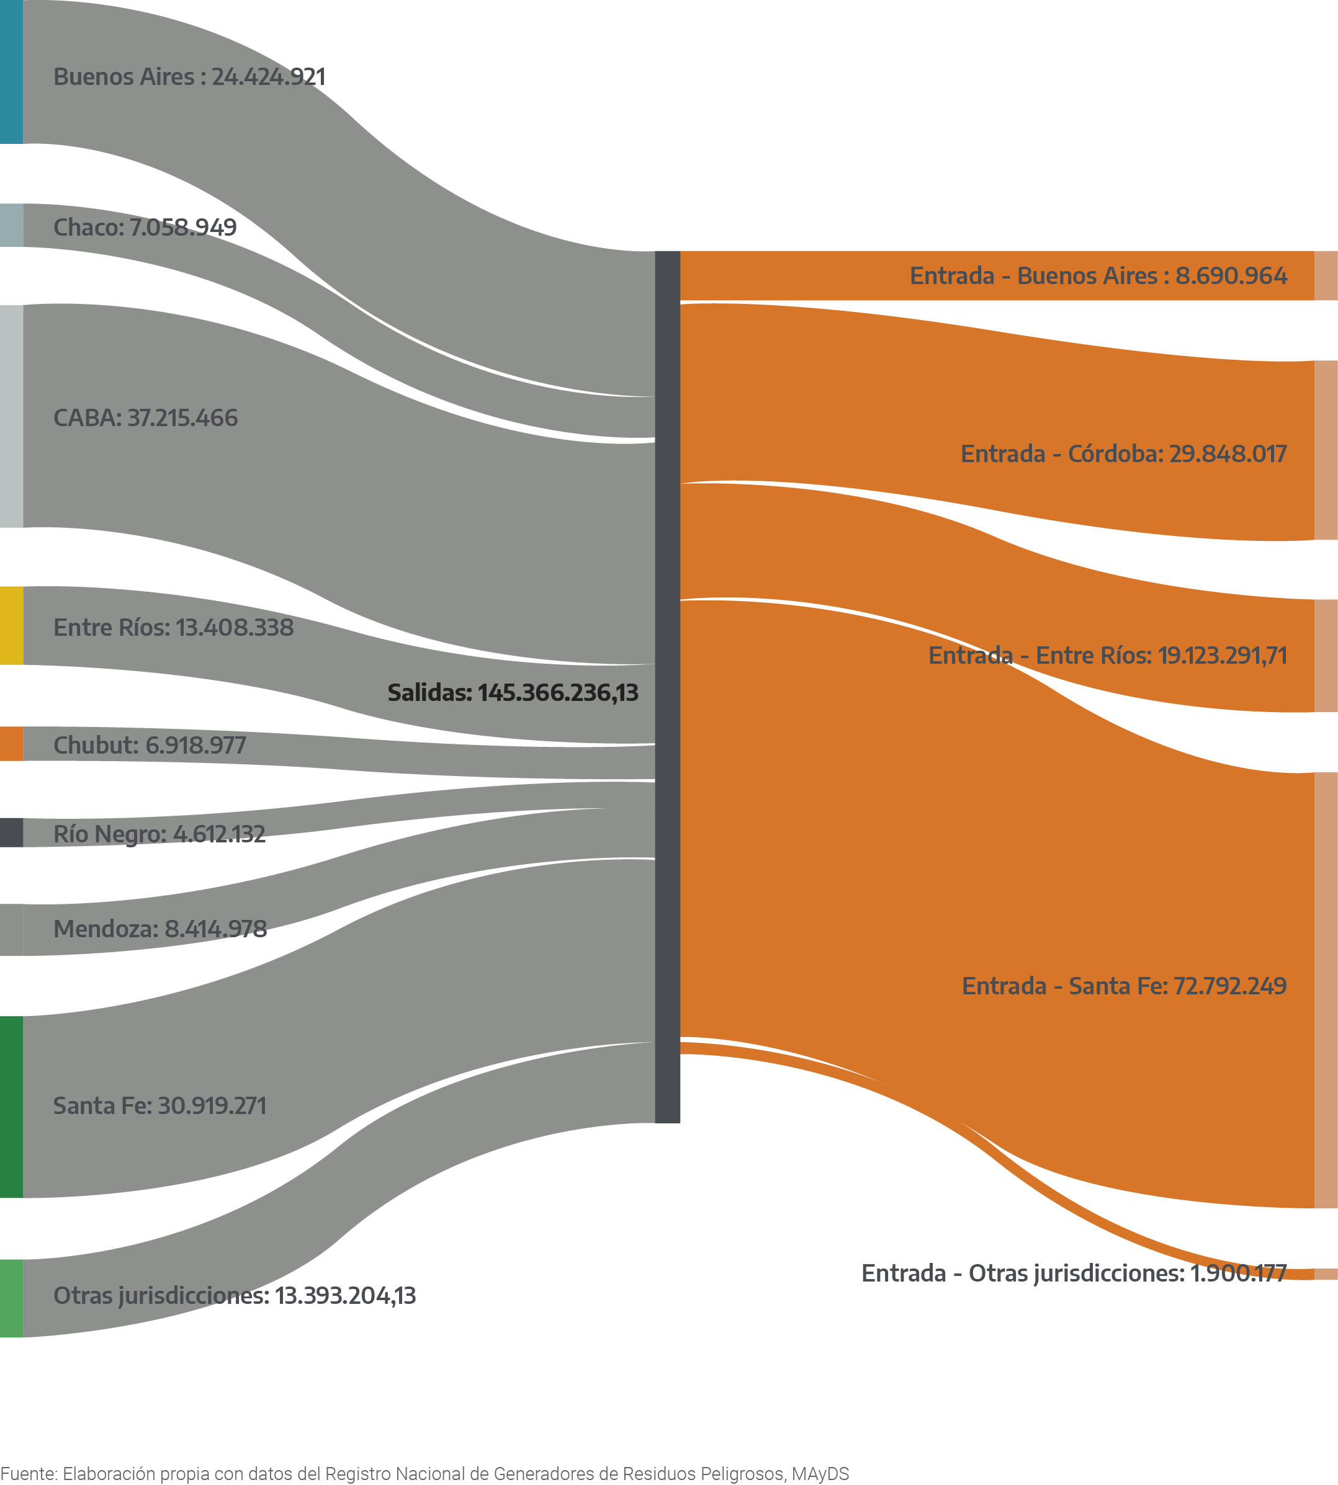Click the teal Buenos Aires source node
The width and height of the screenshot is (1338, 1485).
[11, 71]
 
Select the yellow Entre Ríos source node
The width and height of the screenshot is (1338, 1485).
[11, 625]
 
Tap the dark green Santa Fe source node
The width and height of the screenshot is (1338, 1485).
[11, 1107]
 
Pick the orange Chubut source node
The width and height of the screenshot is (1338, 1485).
[11, 744]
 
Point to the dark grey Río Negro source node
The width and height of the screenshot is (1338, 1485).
[11, 832]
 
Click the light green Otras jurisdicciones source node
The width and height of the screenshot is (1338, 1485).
[11, 1298]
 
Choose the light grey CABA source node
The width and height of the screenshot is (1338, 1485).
[11, 416]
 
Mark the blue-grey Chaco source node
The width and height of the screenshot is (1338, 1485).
[11, 225]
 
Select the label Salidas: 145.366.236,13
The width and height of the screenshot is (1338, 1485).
[513, 692]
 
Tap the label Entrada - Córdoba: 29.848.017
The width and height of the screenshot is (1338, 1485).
[1123, 454]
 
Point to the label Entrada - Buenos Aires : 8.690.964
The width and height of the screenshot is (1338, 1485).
[1098, 275]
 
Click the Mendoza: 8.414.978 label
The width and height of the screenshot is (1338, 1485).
[159, 929]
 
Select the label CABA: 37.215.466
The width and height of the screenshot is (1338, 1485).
[146, 418]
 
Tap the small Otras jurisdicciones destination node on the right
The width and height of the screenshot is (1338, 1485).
[1326, 1274]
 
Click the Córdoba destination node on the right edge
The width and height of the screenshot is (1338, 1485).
[1326, 450]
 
